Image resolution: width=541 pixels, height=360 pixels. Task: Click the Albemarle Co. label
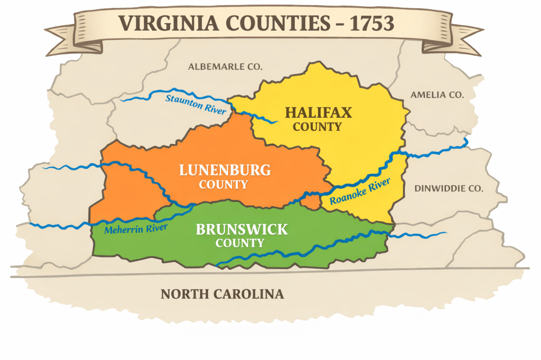click(x=225, y=67)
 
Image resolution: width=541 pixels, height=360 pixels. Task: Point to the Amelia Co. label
click(x=437, y=95)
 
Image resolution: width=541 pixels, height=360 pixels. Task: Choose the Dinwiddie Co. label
click(x=449, y=188)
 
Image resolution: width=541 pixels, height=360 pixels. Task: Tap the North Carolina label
click(x=222, y=294)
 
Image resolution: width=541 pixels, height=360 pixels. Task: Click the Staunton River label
click(x=196, y=104)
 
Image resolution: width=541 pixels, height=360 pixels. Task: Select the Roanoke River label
click(x=360, y=192)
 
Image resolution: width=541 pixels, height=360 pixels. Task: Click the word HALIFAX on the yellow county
click(x=318, y=112)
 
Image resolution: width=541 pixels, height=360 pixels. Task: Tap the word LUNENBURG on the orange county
click(x=225, y=170)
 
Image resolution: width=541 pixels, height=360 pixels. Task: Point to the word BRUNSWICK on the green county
click(x=242, y=230)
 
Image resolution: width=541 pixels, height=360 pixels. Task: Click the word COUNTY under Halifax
click(x=318, y=127)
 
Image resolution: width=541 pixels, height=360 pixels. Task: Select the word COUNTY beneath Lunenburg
click(x=223, y=185)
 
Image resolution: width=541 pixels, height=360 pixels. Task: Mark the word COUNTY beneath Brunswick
click(x=240, y=243)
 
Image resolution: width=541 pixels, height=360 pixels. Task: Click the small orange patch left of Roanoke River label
click(x=312, y=202)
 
